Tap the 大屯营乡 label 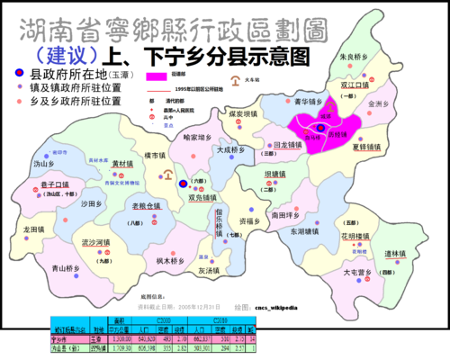click(x=358, y=272)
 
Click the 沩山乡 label click(x=44, y=165)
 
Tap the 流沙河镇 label click(x=96, y=243)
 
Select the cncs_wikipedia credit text click(x=282, y=305)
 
